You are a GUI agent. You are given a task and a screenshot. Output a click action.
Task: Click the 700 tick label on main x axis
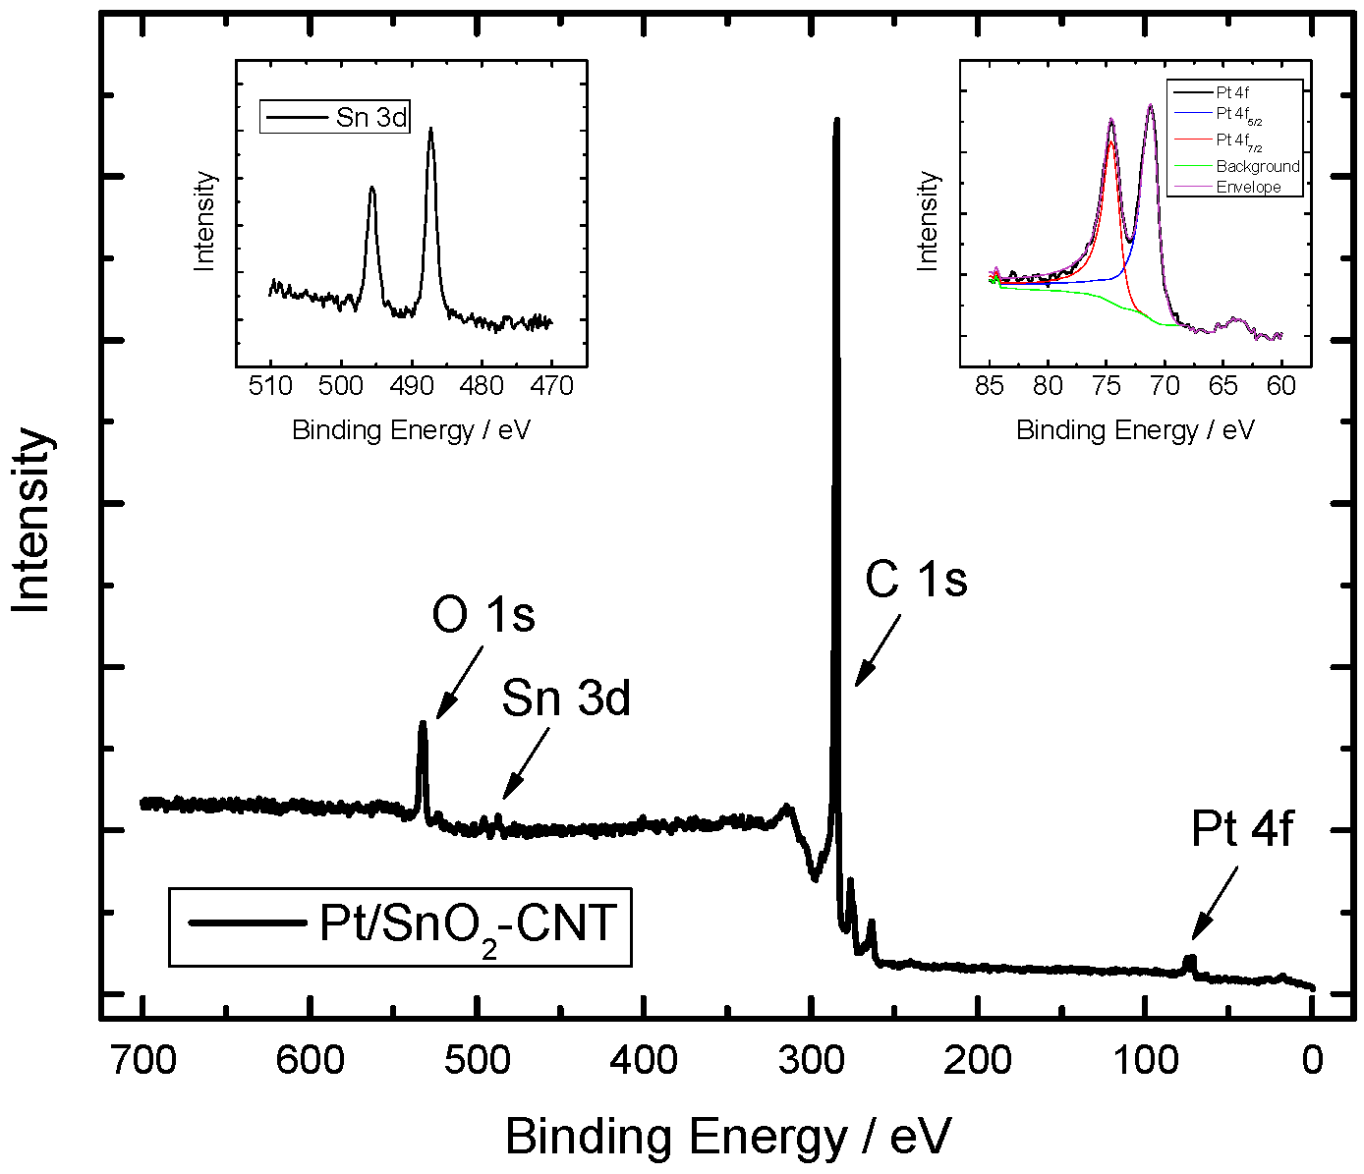(x=143, y=1060)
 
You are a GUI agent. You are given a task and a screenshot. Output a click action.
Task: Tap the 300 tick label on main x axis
(x=811, y=1060)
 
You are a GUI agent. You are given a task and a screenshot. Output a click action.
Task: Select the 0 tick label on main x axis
(x=1313, y=1060)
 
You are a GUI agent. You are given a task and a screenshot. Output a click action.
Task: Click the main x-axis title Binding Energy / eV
(x=727, y=1137)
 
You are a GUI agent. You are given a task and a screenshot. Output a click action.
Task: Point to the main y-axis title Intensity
(x=31, y=521)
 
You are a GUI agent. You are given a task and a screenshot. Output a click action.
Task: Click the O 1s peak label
(x=483, y=616)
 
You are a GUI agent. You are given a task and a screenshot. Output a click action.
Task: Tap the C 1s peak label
(x=916, y=580)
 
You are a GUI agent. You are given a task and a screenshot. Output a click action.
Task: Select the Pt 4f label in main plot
(x=1242, y=829)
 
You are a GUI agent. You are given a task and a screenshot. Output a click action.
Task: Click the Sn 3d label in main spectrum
(x=565, y=699)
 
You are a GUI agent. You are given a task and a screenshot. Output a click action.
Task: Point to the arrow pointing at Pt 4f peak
(x=1215, y=904)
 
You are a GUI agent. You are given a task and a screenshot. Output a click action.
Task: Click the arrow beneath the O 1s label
(x=459, y=682)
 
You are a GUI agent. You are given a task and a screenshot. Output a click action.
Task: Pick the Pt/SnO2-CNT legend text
(x=468, y=925)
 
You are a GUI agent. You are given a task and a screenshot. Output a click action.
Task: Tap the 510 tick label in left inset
(x=271, y=386)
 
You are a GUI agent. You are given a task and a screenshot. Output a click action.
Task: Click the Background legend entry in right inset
(x=1257, y=166)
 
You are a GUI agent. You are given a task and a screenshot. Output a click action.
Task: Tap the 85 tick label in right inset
(x=990, y=386)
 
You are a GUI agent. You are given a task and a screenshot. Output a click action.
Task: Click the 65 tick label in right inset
(x=1222, y=386)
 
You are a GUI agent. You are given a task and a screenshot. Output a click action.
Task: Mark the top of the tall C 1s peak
(x=836, y=121)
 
